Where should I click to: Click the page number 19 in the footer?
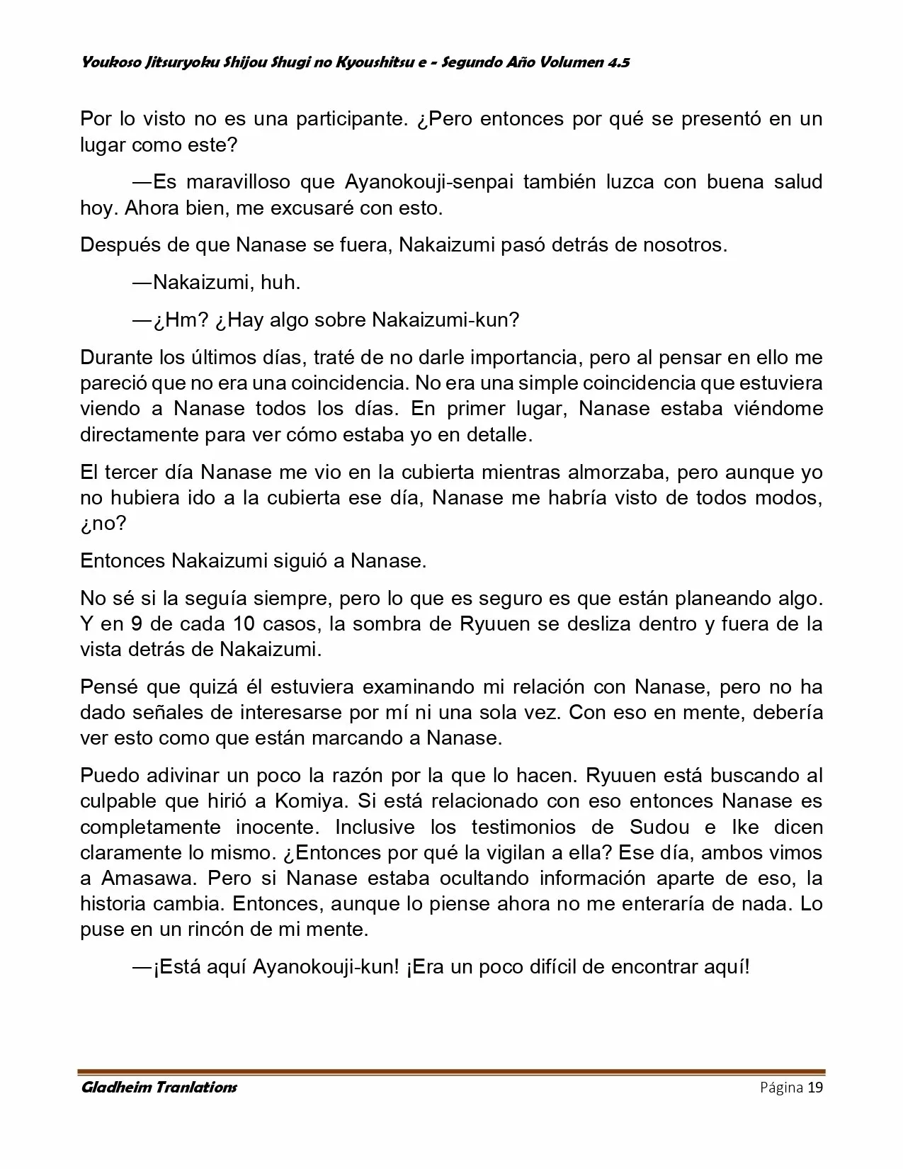[x=815, y=1088]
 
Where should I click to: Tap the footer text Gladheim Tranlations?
[x=159, y=1088]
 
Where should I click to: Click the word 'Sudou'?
[x=654, y=828]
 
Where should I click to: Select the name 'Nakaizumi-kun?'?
[x=445, y=320]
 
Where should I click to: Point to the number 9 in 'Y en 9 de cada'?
[x=137, y=625]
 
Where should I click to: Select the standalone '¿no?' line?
[x=103, y=524]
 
